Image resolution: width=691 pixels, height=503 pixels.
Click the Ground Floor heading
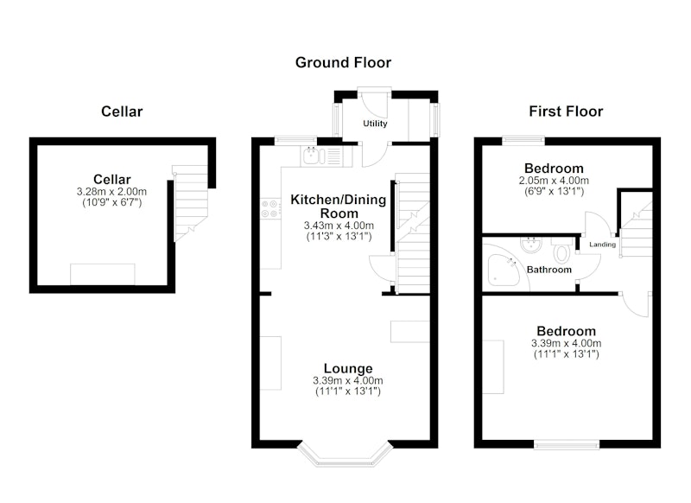[343, 62]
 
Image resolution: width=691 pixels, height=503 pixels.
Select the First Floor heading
[566, 111]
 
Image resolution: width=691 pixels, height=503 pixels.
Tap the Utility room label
[375, 124]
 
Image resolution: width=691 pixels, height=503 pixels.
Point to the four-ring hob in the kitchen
[269, 208]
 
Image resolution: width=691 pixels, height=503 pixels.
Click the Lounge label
[348, 368]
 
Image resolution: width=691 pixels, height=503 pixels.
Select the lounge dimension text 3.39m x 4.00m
[348, 380]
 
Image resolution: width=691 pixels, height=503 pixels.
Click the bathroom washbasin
[530, 245]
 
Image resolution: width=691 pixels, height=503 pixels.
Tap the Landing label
[602, 245]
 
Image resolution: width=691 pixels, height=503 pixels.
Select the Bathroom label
[549, 270]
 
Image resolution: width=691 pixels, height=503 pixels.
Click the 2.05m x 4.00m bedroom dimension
[554, 181]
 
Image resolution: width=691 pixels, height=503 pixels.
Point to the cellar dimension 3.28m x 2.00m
[111, 192]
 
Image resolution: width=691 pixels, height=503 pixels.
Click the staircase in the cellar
[190, 203]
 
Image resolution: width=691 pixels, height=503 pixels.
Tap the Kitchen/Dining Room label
[339, 206]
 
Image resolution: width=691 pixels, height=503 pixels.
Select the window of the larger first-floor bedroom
[567, 444]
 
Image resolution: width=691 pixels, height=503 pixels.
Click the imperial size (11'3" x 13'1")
[339, 236]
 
